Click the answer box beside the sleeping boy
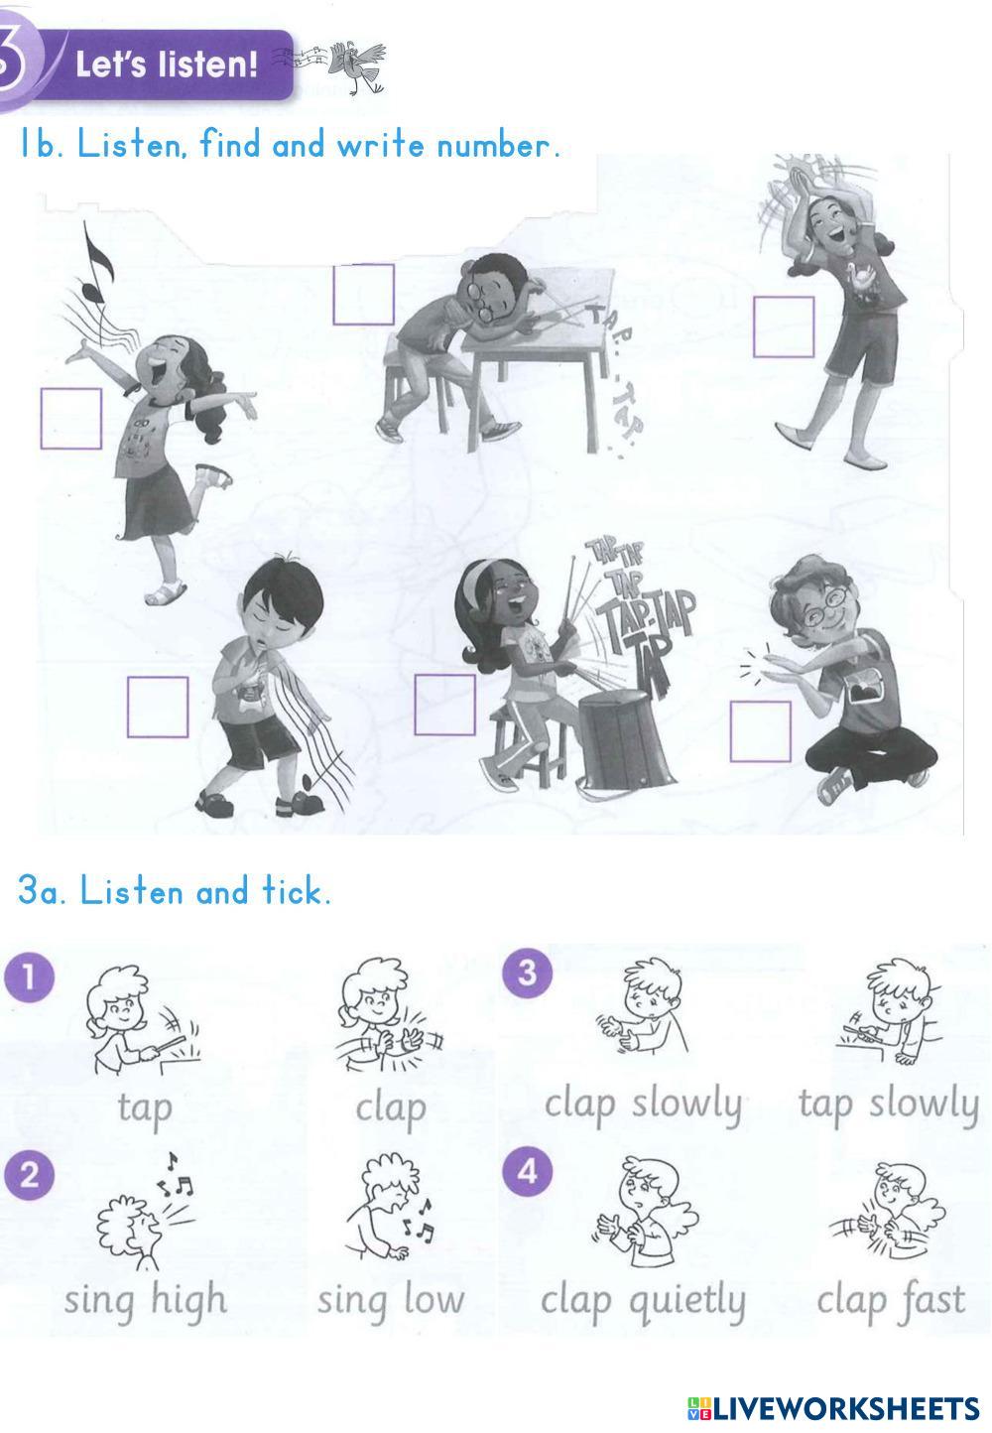point(363,295)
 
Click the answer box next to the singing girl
point(71,419)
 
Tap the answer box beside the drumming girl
point(444,705)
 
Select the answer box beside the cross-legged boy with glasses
point(761,731)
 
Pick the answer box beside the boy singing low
point(158,707)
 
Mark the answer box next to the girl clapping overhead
point(784,326)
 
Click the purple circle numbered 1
point(30,977)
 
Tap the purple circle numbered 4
point(527,1171)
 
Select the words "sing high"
point(146,1300)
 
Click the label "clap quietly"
point(644,1300)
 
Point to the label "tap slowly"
point(889,1105)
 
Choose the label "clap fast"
point(891,1299)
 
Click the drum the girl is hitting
point(624,737)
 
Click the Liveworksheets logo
point(833,1408)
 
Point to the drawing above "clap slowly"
point(642,1005)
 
